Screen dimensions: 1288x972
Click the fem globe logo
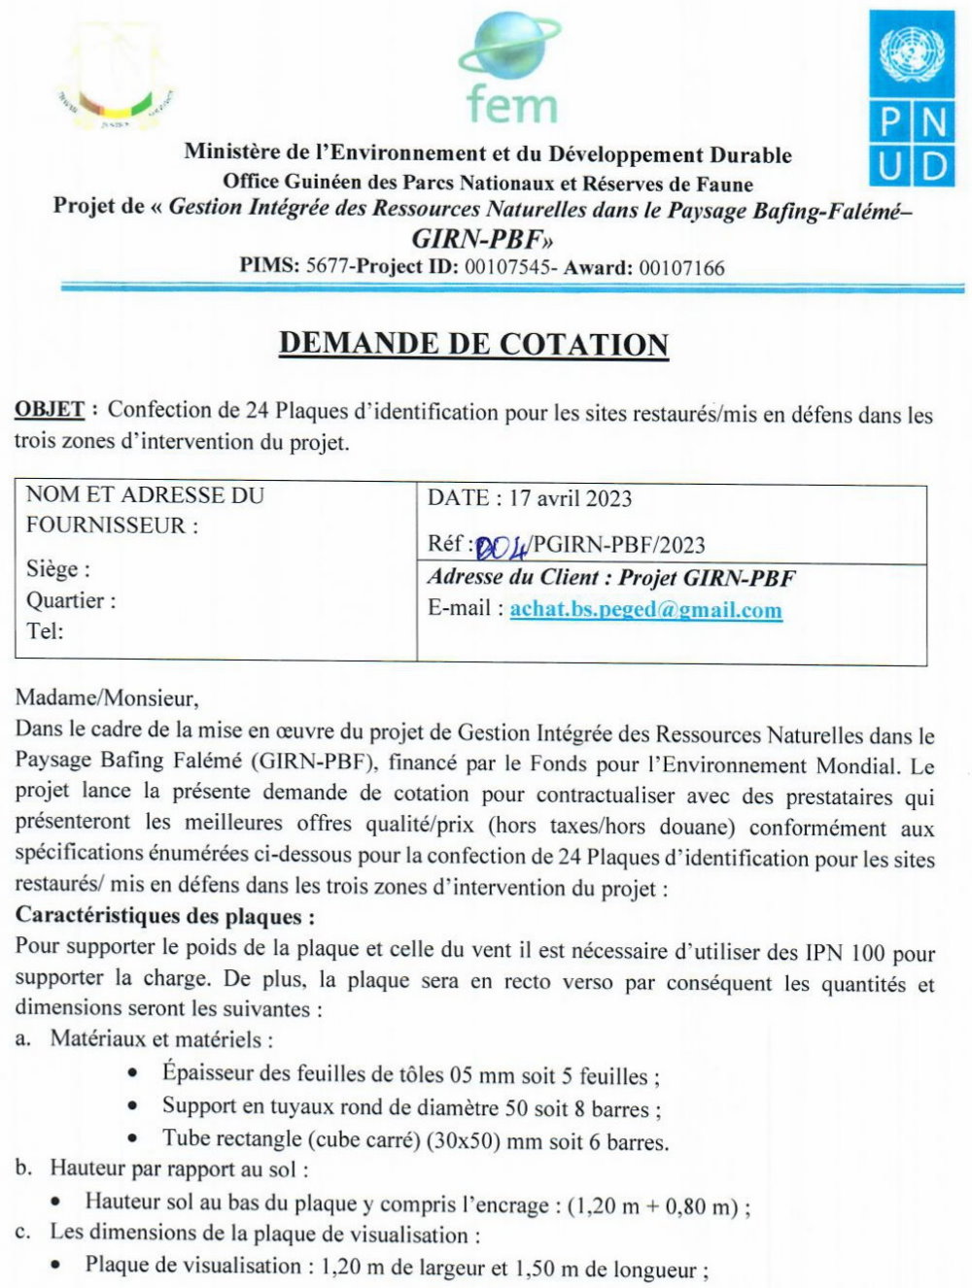click(510, 69)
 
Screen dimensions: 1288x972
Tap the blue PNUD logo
click(912, 98)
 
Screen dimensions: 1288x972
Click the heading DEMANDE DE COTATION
click(473, 344)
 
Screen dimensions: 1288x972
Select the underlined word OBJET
click(50, 410)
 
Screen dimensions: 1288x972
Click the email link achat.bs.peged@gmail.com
click(645, 610)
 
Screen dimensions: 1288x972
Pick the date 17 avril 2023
click(571, 499)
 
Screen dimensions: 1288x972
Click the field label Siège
click(56, 569)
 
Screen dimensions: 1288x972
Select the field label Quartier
click(68, 600)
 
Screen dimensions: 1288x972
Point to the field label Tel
click(44, 631)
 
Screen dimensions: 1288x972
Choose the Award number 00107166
click(681, 267)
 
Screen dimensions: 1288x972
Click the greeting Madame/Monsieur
click(107, 697)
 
